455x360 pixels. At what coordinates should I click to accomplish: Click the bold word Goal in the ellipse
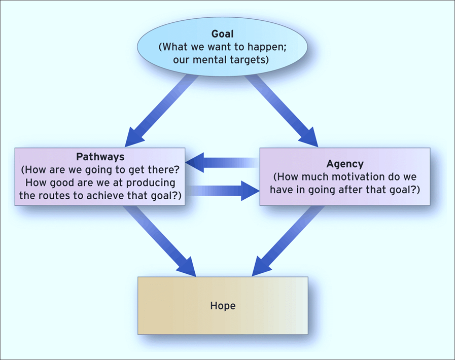point(223,35)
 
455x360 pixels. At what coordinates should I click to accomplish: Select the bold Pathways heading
point(99,156)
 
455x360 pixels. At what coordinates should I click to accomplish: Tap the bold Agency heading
point(345,164)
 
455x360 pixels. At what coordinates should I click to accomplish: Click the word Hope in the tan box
point(223,306)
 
